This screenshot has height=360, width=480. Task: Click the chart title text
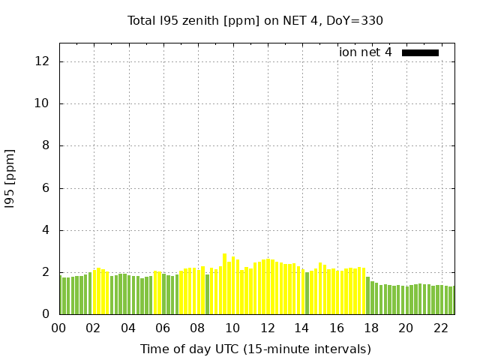[255, 20]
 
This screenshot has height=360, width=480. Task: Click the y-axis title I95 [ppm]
[10, 178]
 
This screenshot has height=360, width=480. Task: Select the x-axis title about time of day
[255, 349]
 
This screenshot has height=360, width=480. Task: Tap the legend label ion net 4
[365, 52]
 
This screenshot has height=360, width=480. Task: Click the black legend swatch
[420, 52]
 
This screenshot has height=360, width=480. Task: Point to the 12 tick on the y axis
[45, 61]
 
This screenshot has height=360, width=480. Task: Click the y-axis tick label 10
[45, 103]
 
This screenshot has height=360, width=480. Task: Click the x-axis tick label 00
[58, 328]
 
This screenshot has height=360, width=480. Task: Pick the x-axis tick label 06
[163, 328]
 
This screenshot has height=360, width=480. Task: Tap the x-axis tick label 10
[232, 328]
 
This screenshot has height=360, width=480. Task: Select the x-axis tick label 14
[301, 328]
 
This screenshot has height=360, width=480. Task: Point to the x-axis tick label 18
[371, 328]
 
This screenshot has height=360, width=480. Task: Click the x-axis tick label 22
[440, 328]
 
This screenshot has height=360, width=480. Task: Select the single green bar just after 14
[307, 293]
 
